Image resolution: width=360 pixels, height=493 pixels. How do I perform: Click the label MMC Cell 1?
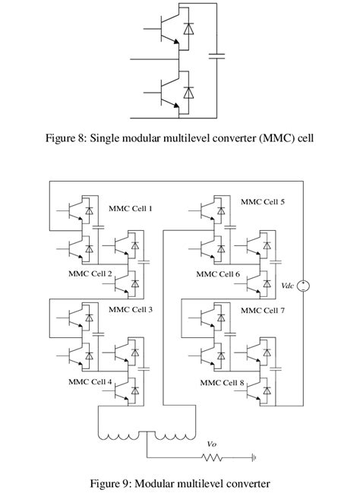click(x=131, y=208)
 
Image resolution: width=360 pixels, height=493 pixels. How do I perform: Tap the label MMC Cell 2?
click(x=90, y=273)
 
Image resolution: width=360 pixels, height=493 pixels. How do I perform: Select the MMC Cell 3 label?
click(x=131, y=309)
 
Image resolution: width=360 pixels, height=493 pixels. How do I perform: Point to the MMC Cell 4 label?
click(x=90, y=381)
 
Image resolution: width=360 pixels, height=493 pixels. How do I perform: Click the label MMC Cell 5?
click(x=263, y=202)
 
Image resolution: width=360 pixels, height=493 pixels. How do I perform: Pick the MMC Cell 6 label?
click(x=218, y=274)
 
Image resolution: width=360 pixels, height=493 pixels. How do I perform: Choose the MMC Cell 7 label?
click(x=263, y=311)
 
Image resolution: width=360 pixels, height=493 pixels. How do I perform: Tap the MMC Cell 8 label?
click(x=222, y=383)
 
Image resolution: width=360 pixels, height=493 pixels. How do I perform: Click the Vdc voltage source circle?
click(x=303, y=286)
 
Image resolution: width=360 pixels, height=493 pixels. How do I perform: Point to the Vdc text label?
click(x=287, y=286)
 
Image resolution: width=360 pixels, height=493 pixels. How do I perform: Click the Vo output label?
click(x=212, y=444)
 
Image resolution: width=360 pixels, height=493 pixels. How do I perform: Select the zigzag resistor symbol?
click(x=212, y=458)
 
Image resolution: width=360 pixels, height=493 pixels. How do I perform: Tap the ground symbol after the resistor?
click(x=254, y=458)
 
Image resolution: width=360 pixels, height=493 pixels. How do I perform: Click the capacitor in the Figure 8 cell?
click(x=216, y=56)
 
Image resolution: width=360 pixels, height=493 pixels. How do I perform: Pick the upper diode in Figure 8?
click(x=188, y=29)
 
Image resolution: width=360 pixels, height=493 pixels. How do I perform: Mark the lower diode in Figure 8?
click(x=188, y=93)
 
